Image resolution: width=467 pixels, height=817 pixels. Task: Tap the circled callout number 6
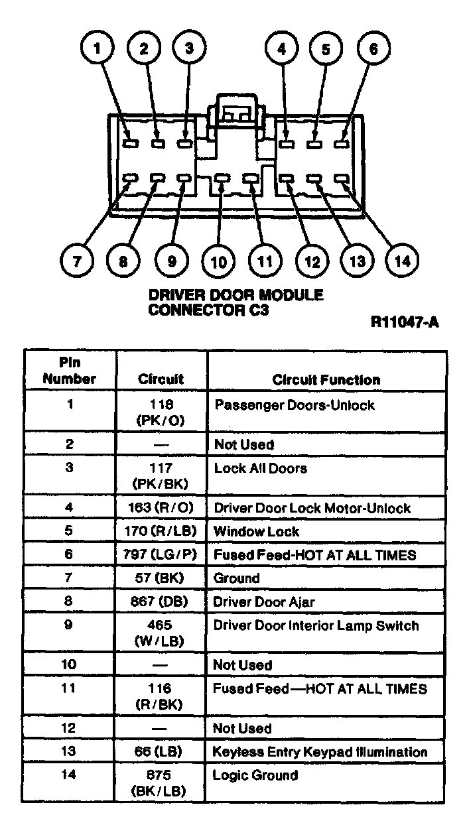(x=374, y=49)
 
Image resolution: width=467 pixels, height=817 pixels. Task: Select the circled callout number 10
(x=218, y=261)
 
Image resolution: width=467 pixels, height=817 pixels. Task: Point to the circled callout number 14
(x=403, y=261)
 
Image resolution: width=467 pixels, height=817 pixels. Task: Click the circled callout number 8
(x=123, y=261)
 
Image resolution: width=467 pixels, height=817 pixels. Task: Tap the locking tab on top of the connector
(x=233, y=110)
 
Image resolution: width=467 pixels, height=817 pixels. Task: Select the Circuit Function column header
(x=326, y=380)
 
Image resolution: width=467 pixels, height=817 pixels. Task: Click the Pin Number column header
(x=70, y=371)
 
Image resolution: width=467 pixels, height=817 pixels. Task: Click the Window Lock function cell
(x=256, y=532)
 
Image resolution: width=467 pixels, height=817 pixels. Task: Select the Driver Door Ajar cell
(x=263, y=602)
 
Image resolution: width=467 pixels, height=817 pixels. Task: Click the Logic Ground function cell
(x=255, y=775)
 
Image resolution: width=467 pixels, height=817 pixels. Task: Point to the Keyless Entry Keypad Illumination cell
(x=320, y=752)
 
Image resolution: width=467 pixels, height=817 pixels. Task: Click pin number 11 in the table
(x=70, y=689)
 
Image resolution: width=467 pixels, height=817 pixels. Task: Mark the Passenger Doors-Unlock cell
(x=294, y=405)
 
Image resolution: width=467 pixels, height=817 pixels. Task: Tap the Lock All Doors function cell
(x=260, y=469)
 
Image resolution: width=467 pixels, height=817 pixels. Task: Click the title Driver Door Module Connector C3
(x=235, y=302)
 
